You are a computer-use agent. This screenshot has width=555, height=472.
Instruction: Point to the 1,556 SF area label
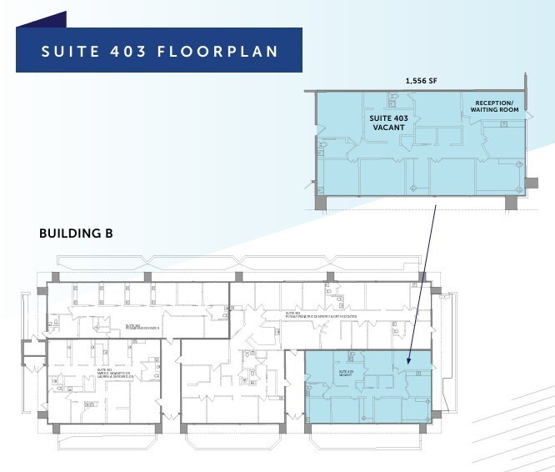[x=420, y=82]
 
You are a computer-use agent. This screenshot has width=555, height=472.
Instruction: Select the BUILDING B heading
[x=76, y=233]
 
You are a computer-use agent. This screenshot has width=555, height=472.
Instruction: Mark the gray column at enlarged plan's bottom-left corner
[x=321, y=203]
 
